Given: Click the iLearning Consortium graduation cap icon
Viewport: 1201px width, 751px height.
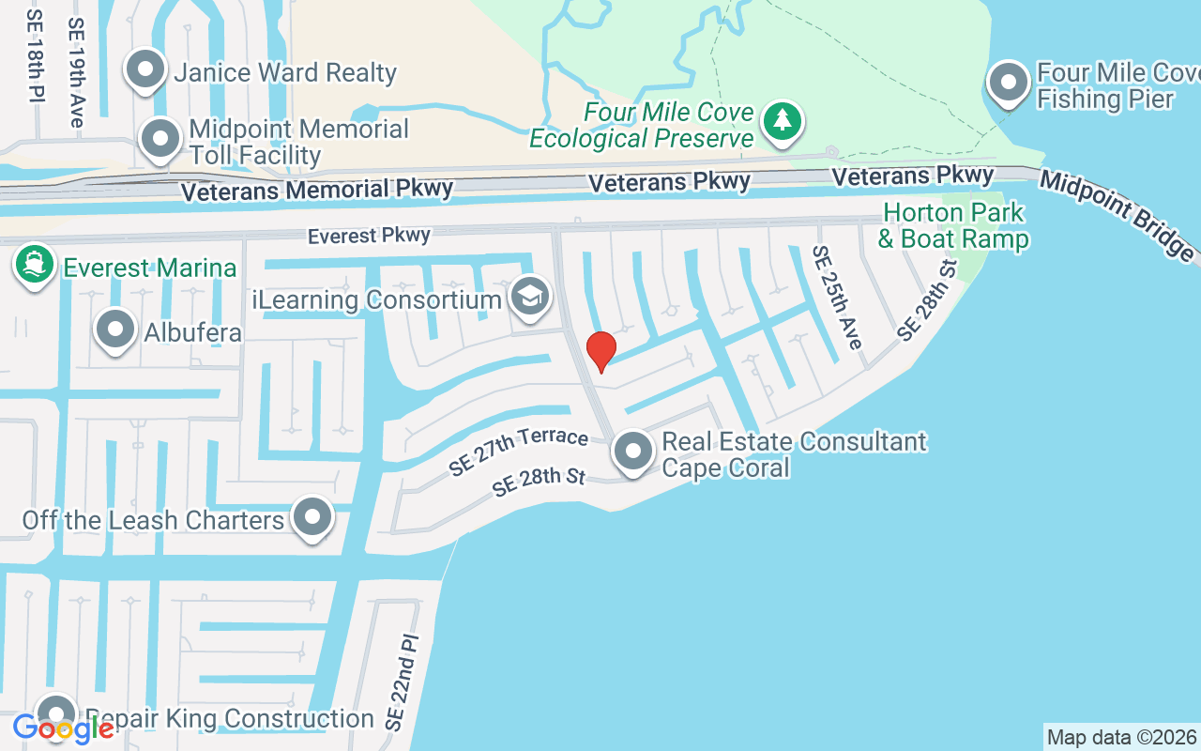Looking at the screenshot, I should pyautogui.click(x=530, y=298).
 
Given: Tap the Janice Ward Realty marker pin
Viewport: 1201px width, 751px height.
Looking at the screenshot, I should pyautogui.click(x=145, y=71).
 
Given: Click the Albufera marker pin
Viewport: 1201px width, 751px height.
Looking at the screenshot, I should pyautogui.click(x=115, y=330).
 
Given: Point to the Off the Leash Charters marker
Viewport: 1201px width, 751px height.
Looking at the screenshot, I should pyautogui.click(x=312, y=517).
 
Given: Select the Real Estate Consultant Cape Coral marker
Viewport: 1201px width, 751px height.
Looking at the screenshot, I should pyautogui.click(x=633, y=452).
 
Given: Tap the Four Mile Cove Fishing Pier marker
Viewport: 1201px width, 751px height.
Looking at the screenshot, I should pyautogui.click(x=1009, y=84).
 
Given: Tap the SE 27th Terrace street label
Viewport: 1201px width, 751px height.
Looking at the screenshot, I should pyautogui.click(x=518, y=451).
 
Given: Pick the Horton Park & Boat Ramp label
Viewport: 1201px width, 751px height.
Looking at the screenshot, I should pyautogui.click(x=953, y=225).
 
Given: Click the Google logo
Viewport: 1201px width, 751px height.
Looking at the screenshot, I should pyautogui.click(x=64, y=728).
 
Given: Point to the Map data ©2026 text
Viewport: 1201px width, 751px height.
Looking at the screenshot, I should pyautogui.click(x=1121, y=737).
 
